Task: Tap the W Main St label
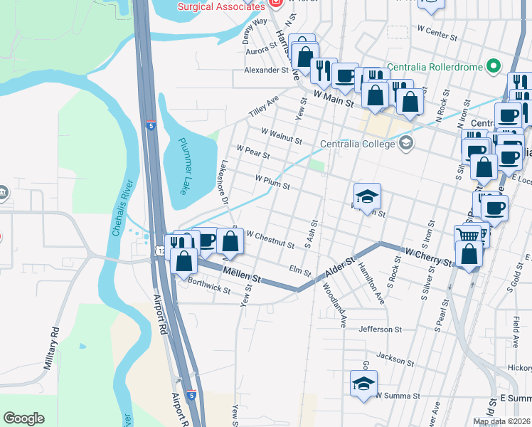point(333,96)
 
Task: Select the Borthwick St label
point(210,286)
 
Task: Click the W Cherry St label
point(429,256)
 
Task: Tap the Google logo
point(24,418)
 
